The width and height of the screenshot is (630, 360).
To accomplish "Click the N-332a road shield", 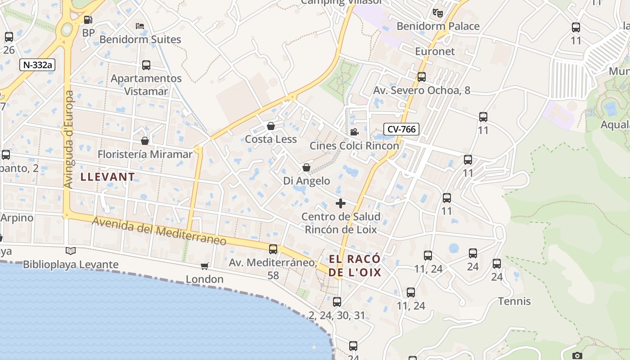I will (37, 65).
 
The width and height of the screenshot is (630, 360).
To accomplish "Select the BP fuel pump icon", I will (88, 20).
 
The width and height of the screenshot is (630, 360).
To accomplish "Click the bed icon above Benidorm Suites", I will (140, 26).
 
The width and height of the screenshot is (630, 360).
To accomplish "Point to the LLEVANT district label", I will (108, 177).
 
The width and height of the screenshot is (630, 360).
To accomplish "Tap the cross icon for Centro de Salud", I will (341, 203).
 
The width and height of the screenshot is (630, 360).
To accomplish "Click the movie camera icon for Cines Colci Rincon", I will (354, 132).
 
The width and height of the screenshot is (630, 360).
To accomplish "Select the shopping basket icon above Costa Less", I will (271, 126).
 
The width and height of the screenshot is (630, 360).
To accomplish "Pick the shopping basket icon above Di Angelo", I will (306, 168).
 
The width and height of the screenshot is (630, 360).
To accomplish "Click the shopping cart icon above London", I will (205, 266).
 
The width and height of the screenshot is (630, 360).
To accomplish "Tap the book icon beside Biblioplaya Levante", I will (71, 251).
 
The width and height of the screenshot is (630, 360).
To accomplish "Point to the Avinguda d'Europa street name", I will (69, 139).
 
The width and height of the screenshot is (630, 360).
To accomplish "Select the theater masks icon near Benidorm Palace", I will (437, 13).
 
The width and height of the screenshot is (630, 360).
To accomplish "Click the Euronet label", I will (435, 51).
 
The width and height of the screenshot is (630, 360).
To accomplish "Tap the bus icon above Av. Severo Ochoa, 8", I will (422, 77).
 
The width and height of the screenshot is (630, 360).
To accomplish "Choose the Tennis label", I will (514, 301).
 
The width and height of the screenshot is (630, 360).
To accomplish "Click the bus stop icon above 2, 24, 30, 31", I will (337, 302).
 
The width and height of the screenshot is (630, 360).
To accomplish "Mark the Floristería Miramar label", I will (145, 154).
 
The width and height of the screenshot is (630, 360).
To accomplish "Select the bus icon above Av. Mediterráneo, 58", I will (273, 249).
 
